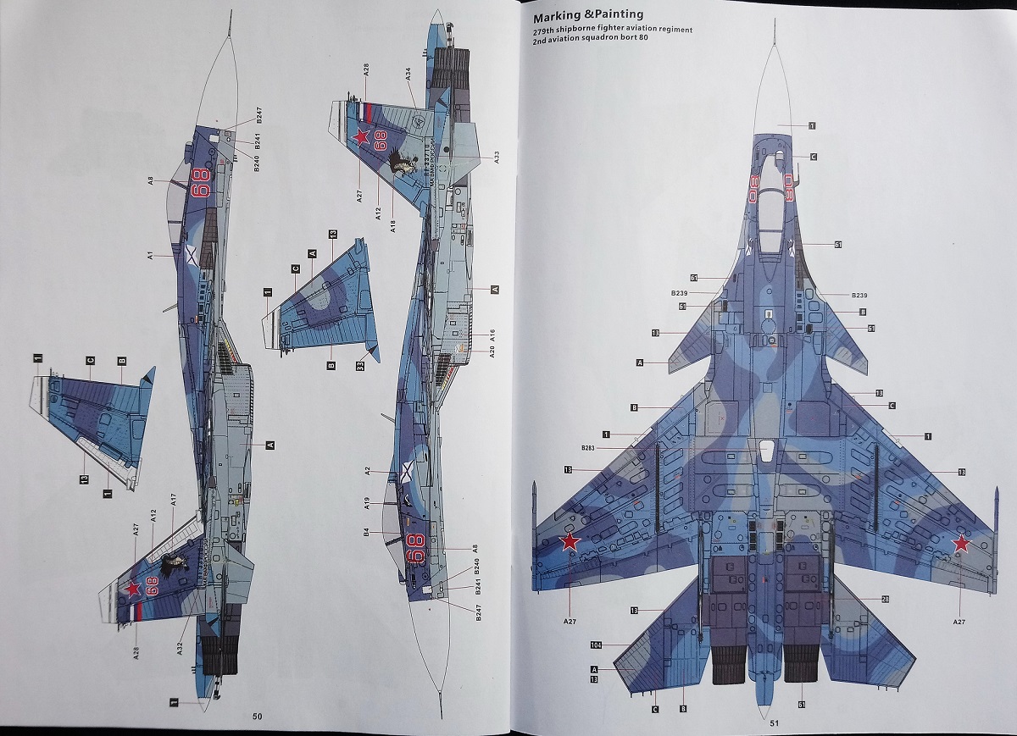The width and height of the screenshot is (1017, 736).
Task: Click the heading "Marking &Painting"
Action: [588, 14]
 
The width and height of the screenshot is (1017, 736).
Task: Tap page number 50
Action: [258, 716]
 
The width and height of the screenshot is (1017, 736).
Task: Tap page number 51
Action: [774, 722]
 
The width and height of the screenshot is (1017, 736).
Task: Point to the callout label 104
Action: [597, 645]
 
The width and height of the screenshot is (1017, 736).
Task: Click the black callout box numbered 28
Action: [885, 599]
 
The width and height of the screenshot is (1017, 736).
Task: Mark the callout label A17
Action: [173, 500]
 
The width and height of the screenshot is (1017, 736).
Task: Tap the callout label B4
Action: [366, 532]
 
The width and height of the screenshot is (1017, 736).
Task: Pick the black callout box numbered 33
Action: [360, 366]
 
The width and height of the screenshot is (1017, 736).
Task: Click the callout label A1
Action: [148, 254]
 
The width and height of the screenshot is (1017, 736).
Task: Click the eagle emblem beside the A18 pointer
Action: [404, 163]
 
